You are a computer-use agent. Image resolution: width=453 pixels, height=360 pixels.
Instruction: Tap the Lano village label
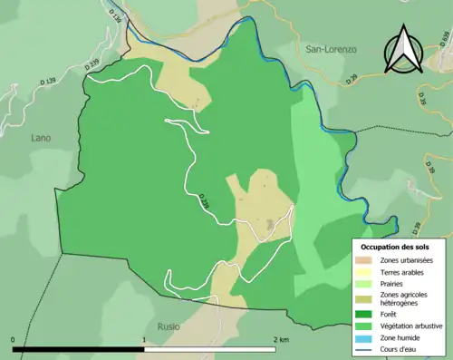pyautogui.click(x=40, y=138)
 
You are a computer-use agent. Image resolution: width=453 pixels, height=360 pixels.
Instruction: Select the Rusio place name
pyautogui.click(x=168, y=326)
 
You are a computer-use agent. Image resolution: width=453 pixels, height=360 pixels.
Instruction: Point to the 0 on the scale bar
pyautogui.click(x=13, y=339)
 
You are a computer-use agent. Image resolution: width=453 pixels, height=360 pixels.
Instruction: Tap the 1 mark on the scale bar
pyautogui.click(x=143, y=339)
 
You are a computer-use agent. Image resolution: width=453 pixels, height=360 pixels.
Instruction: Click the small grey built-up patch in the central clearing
pyautogui.click(x=269, y=224)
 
